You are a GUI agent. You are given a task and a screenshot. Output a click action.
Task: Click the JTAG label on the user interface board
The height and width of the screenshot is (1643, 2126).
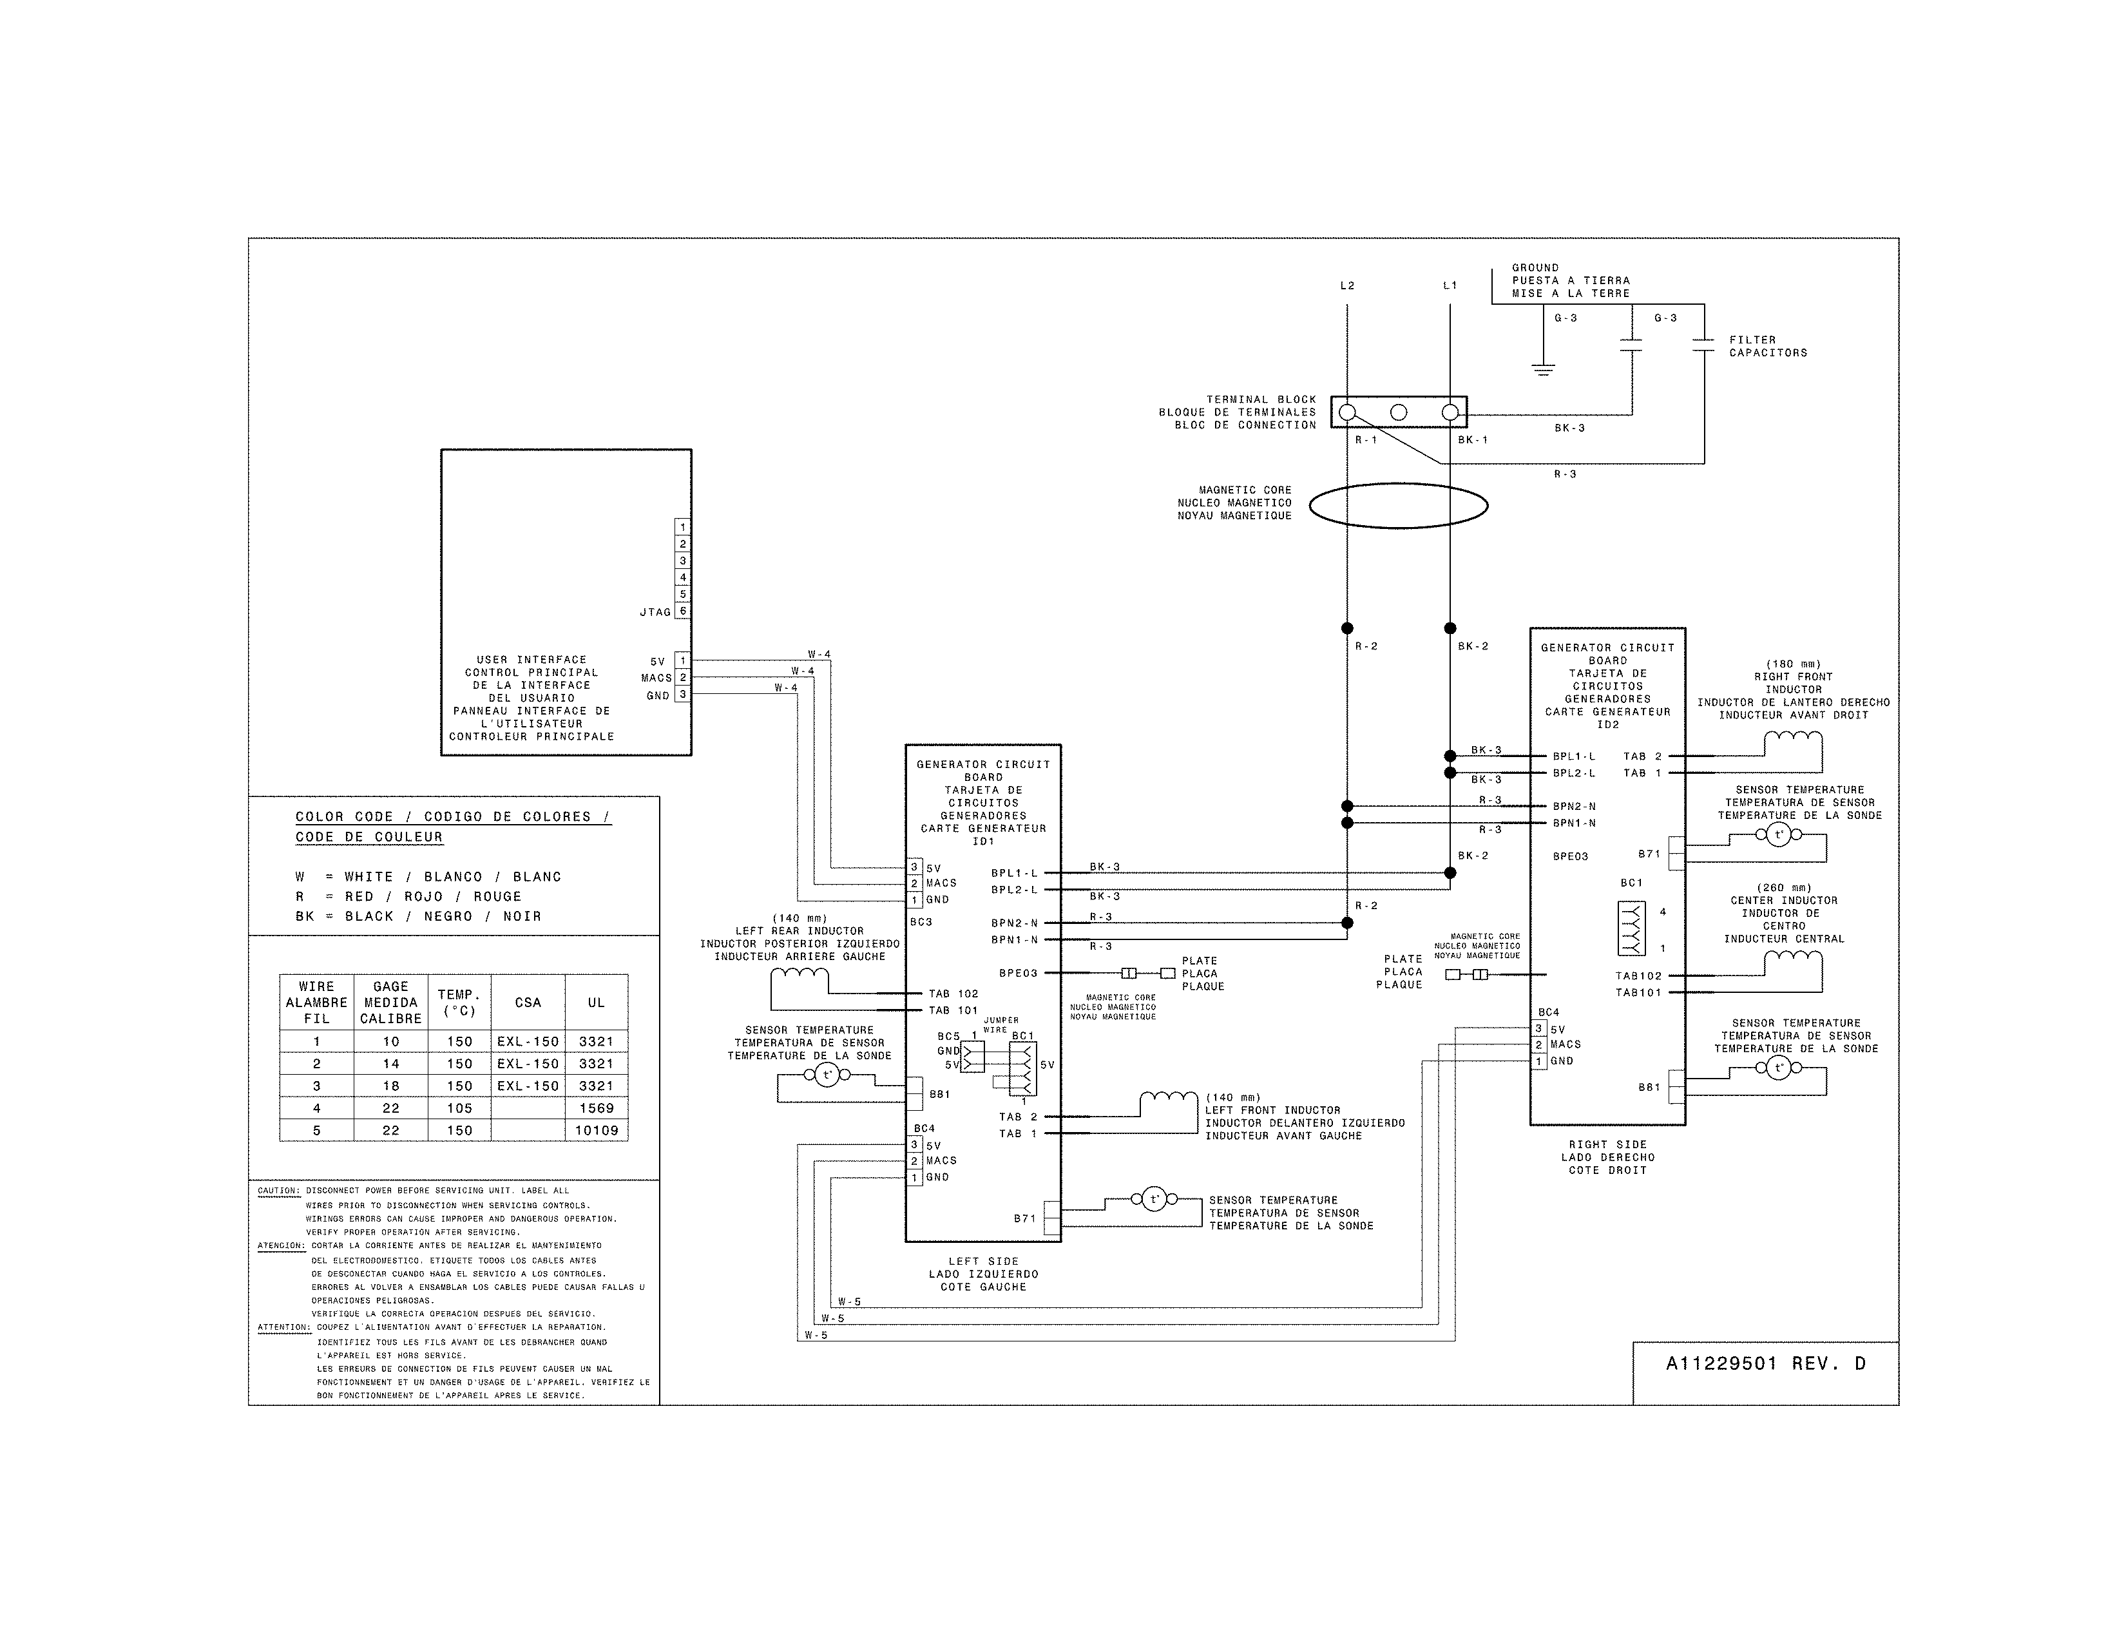pos(655,612)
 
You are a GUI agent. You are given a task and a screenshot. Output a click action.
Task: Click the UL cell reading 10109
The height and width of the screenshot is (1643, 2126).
pos(596,1130)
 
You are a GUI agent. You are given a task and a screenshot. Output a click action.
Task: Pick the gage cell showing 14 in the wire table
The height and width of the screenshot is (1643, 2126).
pos(390,1064)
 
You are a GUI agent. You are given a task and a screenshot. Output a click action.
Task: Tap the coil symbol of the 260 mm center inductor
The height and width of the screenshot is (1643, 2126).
pos(1793,961)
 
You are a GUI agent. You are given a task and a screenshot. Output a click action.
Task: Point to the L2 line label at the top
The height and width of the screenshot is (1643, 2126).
pos(1347,286)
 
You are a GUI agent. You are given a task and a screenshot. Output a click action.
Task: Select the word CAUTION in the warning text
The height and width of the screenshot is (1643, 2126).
pos(278,1191)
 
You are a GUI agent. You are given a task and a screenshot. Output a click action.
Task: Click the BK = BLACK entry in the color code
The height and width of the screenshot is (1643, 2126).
pos(419,916)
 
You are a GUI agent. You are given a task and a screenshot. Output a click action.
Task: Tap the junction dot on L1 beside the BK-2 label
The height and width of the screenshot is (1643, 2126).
pos(1450,629)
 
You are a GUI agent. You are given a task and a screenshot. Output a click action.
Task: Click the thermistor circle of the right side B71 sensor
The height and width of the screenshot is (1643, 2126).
pos(1779,834)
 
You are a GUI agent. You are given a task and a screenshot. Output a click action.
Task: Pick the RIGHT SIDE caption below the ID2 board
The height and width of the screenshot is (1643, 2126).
pos(1607,1145)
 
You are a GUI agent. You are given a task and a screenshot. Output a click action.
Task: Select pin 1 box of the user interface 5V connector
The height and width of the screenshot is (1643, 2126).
pos(684,661)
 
